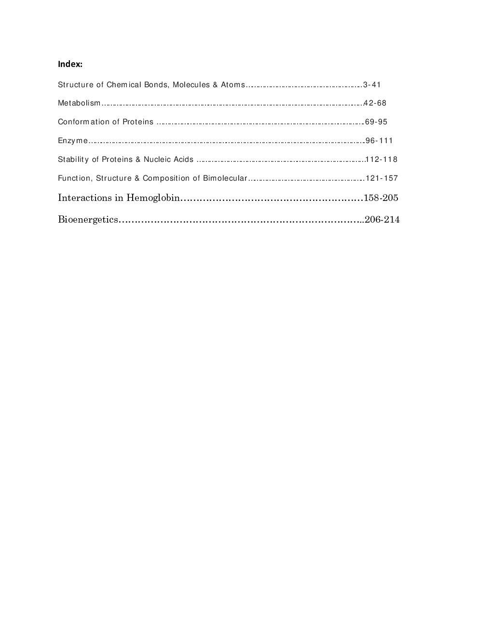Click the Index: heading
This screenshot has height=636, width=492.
(70, 64)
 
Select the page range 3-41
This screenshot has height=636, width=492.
(372, 85)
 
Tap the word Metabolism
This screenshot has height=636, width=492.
(79, 103)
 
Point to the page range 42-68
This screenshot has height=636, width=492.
(375, 103)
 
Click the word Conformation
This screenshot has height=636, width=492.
(85, 122)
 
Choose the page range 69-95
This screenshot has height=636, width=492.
(376, 122)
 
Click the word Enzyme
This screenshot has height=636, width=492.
(73, 141)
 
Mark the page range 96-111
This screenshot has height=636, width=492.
(379, 141)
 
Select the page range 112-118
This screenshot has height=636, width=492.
(382, 159)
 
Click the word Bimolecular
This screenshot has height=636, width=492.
(225, 178)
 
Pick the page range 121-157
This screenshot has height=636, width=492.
(382, 178)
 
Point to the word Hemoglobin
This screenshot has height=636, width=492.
(153, 198)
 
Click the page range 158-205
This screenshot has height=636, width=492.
(381, 198)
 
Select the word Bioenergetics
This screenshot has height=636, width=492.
(88, 220)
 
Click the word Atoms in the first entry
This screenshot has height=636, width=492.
(233, 85)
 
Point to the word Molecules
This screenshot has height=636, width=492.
(191, 85)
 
